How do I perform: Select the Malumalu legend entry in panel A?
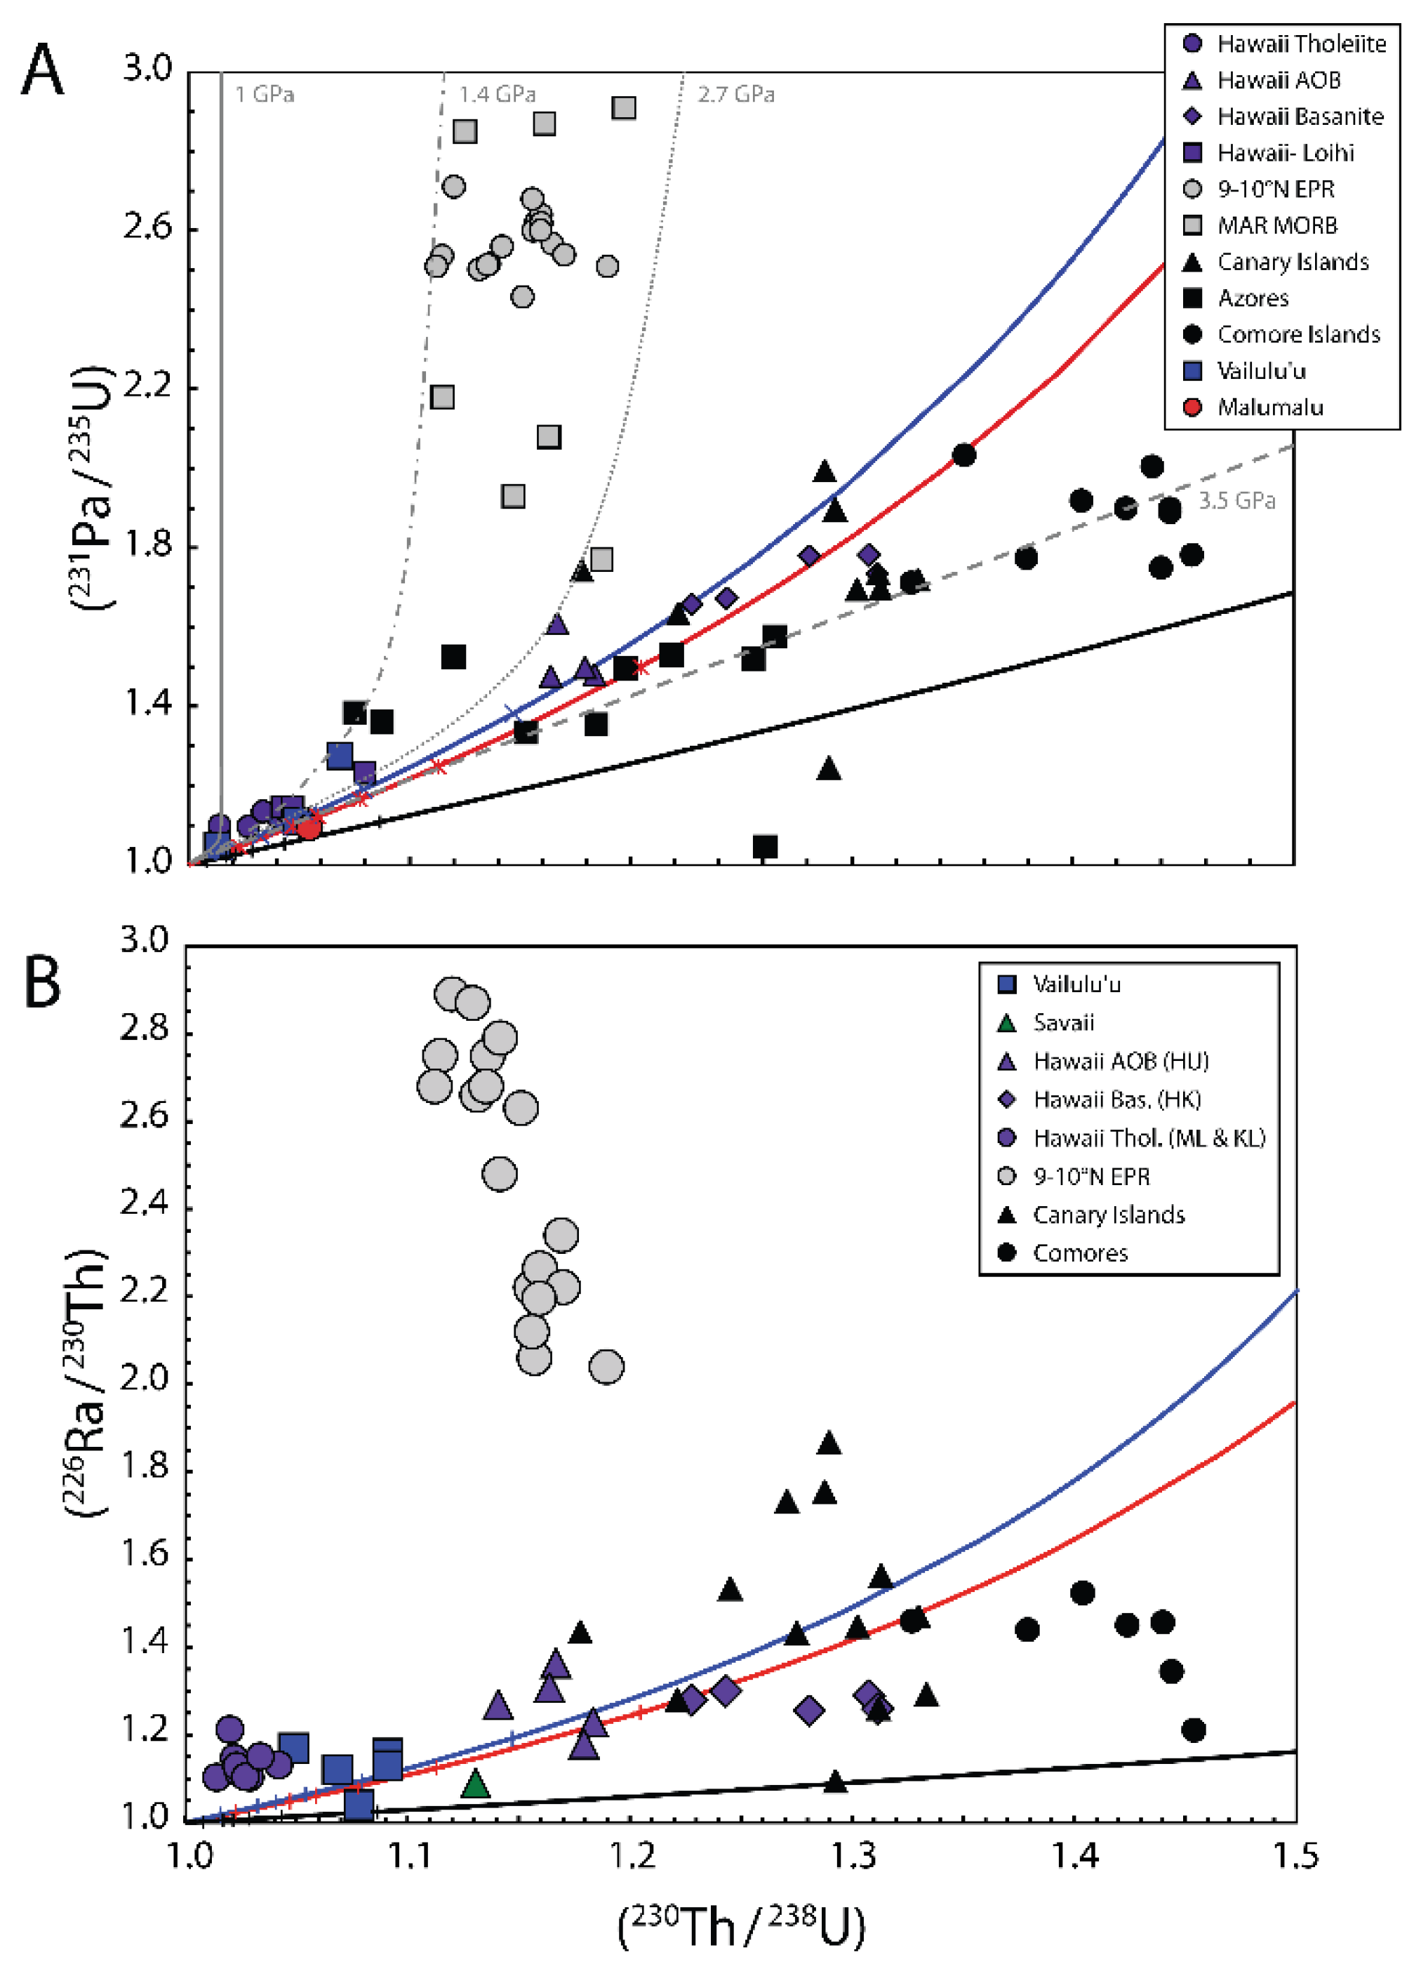tap(1269, 407)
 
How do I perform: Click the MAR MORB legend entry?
tap(1276, 226)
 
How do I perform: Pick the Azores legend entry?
tap(1253, 298)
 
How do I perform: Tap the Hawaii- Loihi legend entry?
tap(1285, 154)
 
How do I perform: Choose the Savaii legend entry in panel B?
tap(1062, 1022)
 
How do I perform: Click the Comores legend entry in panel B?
tap(1080, 1253)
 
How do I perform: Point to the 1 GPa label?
tap(265, 94)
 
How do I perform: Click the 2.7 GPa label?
tap(735, 94)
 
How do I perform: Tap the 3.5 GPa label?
tap(1236, 500)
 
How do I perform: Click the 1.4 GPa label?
tap(498, 94)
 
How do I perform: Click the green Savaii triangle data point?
tap(474, 1784)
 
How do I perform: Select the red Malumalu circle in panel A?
tap(309, 827)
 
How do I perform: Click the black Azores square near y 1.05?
tap(765, 846)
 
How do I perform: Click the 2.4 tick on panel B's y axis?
tap(145, 1205)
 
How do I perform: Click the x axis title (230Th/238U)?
tap(742, 1927)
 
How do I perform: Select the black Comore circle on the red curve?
tap(963, 455)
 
